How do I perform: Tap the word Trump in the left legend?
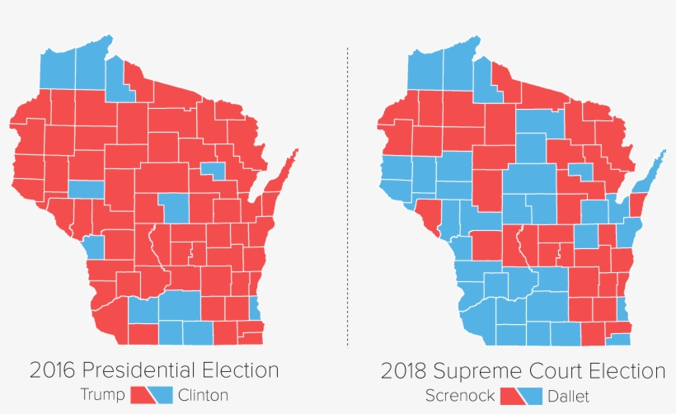coord(101,394)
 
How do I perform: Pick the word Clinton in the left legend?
coord(202,394)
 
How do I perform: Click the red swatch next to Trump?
coord(140,394)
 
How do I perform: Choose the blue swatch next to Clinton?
coord(162,394)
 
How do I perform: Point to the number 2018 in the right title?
coord(406,370)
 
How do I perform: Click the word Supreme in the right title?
coord(481,370)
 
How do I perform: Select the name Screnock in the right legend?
coord(458,396)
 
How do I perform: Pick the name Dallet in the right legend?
coord(566,396)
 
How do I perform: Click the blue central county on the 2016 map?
coord(174,208)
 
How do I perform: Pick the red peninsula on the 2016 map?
coord(283,172)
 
